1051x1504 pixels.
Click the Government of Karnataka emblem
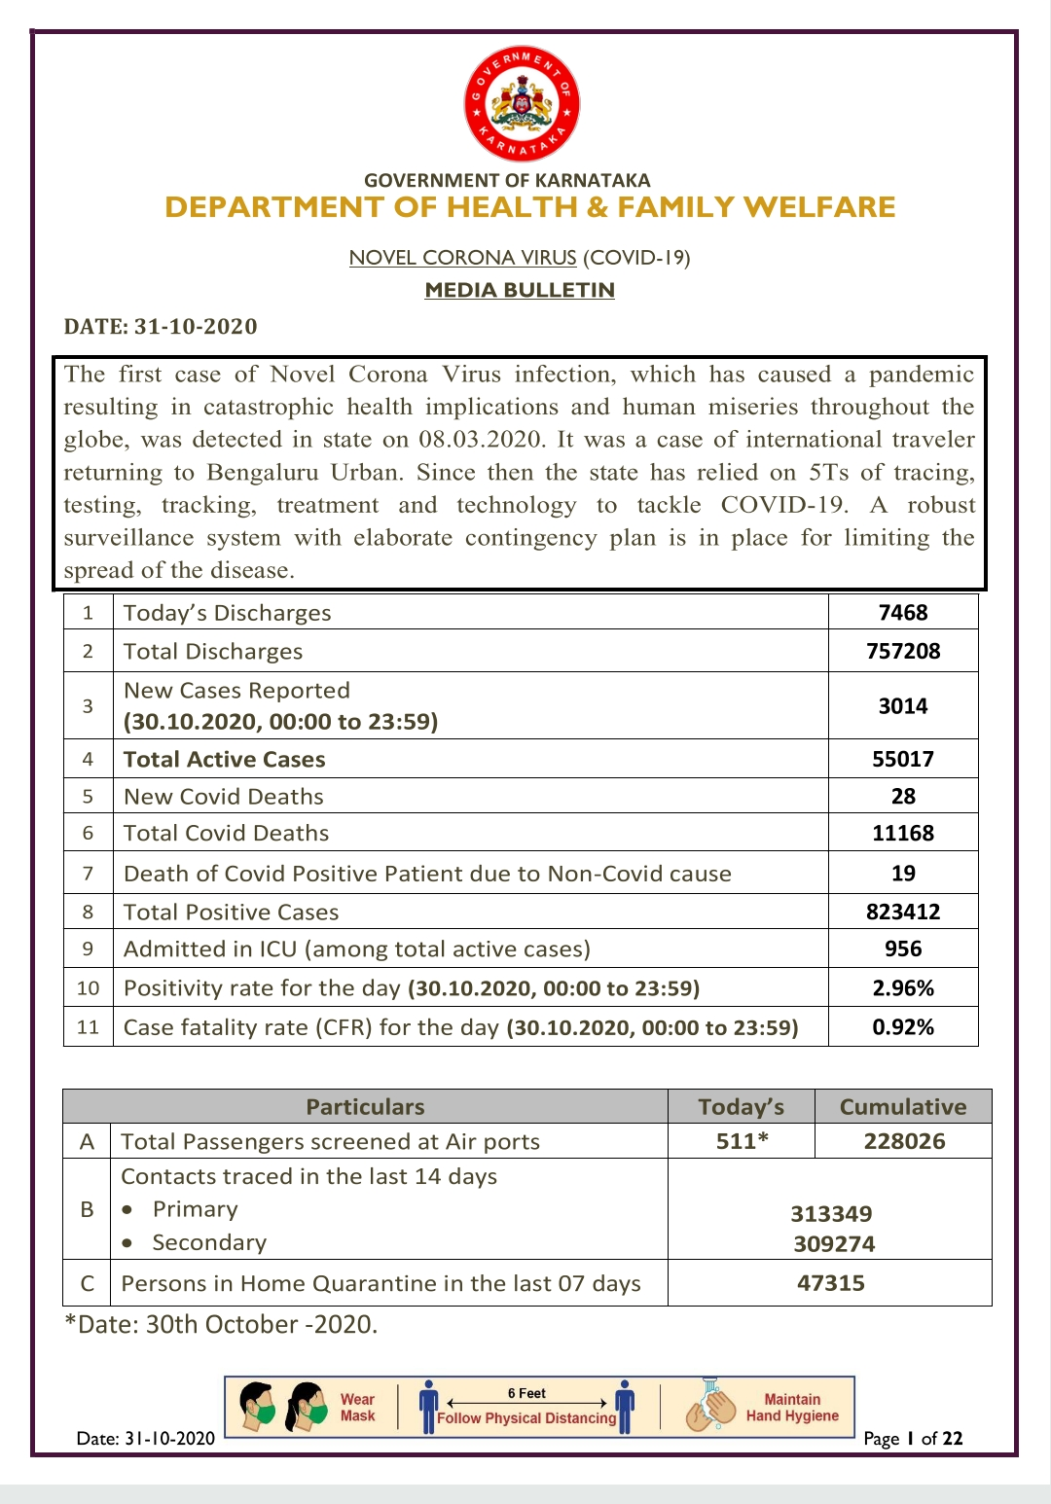[522, 104]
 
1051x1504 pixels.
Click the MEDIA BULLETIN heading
[520, 290]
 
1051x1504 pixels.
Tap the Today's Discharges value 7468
[903, 613]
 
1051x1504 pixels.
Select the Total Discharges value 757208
[903, 652]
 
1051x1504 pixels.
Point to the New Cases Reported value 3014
[903, 706]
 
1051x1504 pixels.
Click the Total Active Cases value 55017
[903, 760]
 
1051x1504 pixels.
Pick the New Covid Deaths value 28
[903, 797]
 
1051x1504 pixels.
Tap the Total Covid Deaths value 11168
[903, 834]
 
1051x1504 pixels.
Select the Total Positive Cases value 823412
[903, 913]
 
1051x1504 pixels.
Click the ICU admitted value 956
[903, 949]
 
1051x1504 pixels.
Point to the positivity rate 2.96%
[903, 988]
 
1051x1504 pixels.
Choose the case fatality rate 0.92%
[903, 1027]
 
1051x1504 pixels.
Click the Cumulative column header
[903, 1107]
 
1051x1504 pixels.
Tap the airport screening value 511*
[742, 1142]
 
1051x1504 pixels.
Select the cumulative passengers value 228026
[904, 1142]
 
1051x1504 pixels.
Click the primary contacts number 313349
[831, 1214]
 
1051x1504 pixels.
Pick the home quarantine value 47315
[831, 1283]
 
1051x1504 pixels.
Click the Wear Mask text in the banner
[357, 1408]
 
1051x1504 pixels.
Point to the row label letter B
[88, 1209]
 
